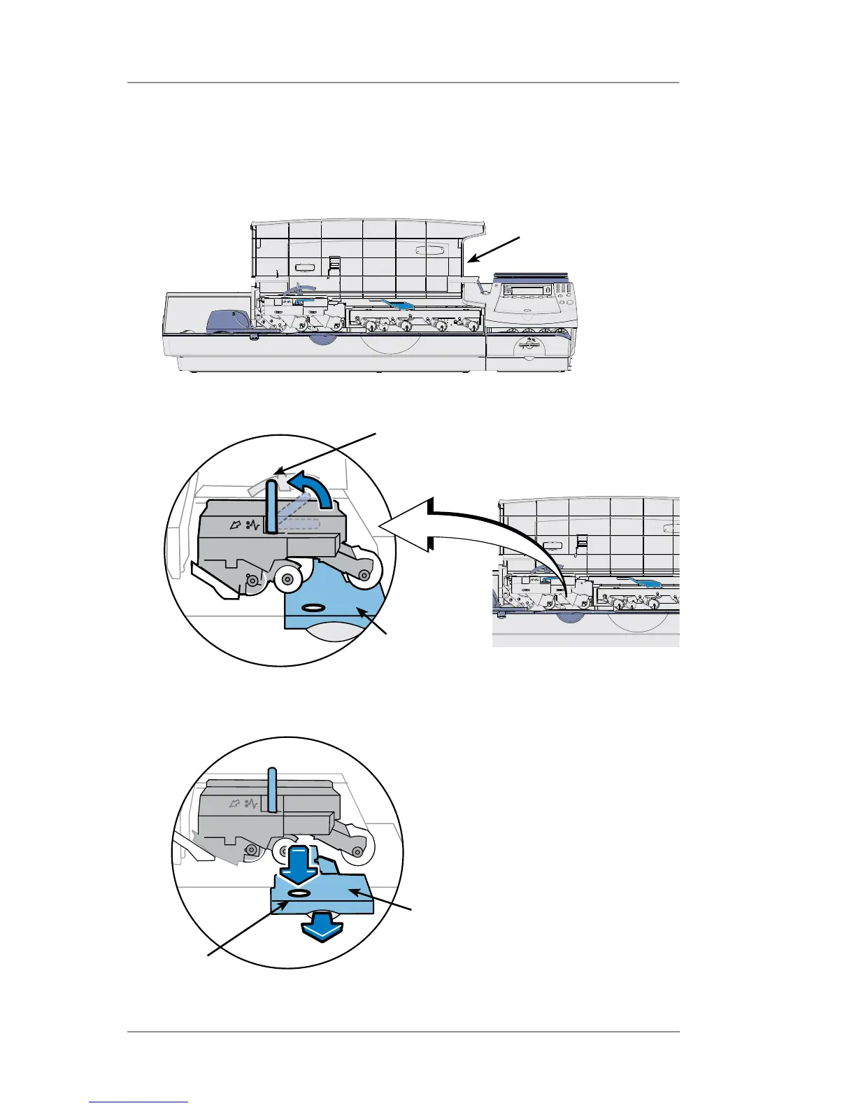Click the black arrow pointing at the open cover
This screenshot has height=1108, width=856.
click(x=495, y=250)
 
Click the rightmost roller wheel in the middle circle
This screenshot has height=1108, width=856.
click(x=365, y=574)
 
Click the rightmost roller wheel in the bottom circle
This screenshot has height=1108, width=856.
click(x=357, y=851)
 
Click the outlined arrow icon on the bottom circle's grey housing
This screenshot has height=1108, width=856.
click(x=235, y=805)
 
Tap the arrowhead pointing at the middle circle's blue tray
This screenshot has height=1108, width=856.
click(x=362, y=613)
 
